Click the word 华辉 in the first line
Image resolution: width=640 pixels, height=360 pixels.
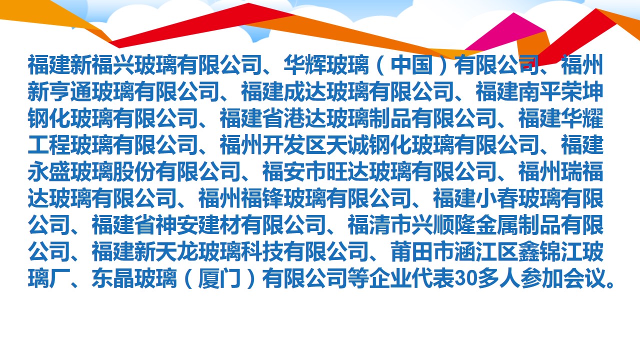(305, 64)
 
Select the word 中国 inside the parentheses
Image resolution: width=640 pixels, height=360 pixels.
(411, 64)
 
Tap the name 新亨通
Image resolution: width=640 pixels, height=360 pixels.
(59, 91)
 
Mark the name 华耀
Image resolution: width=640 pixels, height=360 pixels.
(582, 117)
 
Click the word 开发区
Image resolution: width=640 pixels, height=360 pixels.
(294, 144)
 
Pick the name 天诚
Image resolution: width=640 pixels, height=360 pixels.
(347, 144)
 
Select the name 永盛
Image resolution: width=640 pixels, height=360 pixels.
(49, 171)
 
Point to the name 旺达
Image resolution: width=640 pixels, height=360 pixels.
(347, 171)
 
